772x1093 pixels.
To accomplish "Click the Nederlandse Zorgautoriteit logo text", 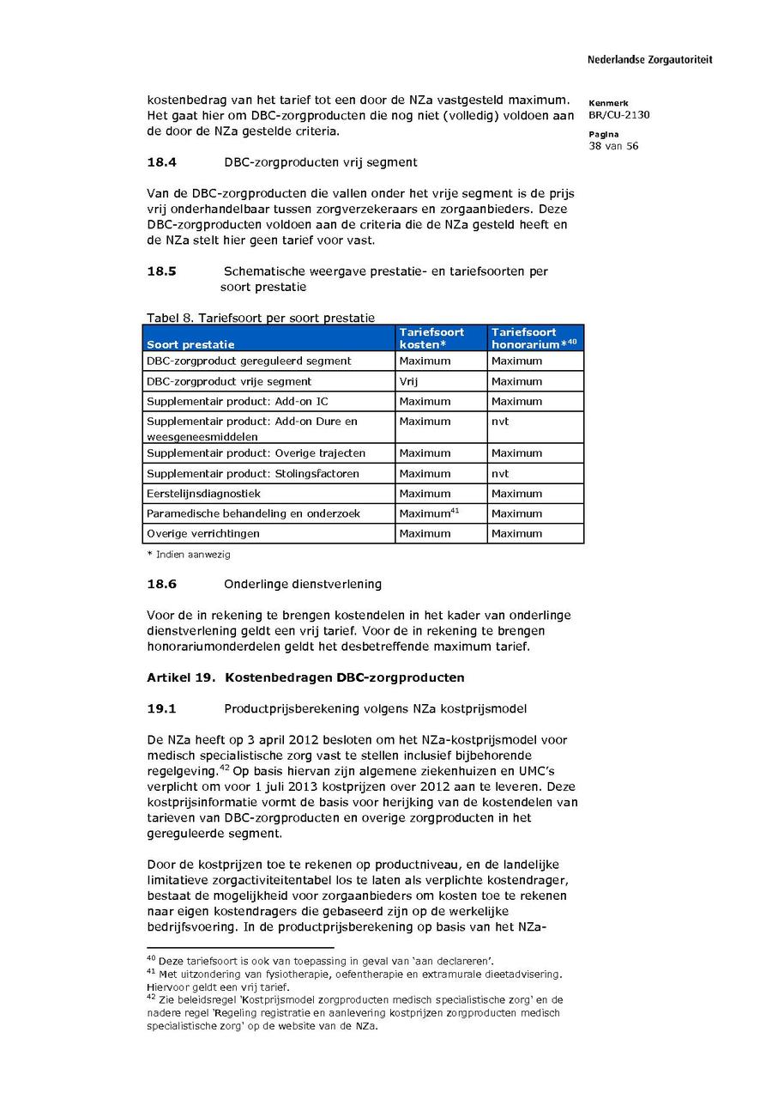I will [649, 60].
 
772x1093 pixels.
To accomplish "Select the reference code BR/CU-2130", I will [619, 115].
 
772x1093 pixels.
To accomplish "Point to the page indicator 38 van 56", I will [613, 146].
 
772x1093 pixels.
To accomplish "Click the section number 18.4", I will [161, 161].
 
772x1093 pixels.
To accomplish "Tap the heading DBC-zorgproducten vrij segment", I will [321, 161].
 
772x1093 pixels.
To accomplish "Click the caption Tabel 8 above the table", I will [260, 318].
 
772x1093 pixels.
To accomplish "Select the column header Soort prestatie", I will [190, 344].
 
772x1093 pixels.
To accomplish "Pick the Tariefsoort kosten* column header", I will [431, 337].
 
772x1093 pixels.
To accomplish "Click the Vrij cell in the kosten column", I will [408, 381].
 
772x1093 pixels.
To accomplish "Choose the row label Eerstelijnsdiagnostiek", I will [204, 494].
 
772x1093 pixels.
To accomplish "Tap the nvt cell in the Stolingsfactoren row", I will [500, 474].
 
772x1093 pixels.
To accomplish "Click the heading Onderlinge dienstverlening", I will [303, 584].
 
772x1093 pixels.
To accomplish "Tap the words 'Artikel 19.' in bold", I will [180, 677].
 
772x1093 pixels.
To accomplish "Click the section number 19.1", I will [161, 708].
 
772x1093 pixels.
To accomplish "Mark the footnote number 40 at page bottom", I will [151, 957].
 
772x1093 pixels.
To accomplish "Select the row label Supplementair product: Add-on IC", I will [237, 401].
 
